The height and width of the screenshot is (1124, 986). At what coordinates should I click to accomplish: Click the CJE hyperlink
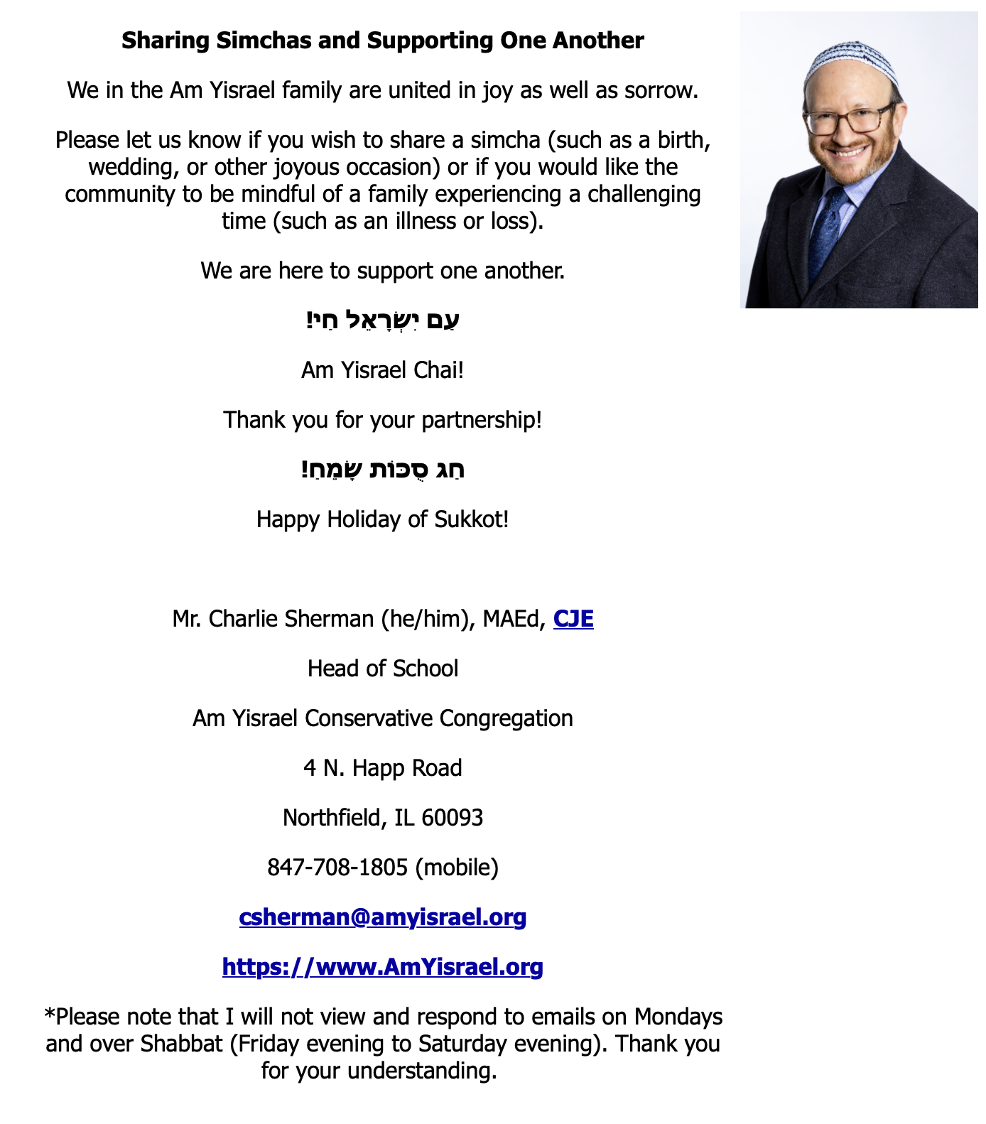pyautogui.click(x=573, y=619)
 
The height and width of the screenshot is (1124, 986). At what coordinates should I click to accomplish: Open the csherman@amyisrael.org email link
pyautogui.click(x=383, y=917)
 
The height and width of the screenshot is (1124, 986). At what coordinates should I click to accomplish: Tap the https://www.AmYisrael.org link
pyautogui.click(x=383, y=967)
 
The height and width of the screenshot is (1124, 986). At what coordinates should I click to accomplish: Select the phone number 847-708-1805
pyautogui.click(x=337, y=868)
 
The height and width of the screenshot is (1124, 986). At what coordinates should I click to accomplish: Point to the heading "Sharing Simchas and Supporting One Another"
pyautogui.click(x=383, y=40)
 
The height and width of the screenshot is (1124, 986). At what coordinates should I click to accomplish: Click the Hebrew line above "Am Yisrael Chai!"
pyautogui.click(x=383, y=320)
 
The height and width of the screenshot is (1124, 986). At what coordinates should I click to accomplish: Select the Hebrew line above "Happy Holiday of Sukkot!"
pyautogui.click(x=383, y=470)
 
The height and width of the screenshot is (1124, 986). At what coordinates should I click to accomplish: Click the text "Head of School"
pyautogui.click(x=383, y=669)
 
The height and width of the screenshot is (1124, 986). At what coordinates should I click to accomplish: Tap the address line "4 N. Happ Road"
pyautogui.click(x=383, y=768)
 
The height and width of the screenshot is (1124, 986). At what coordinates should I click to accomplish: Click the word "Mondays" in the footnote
pyautogui.click(x=678, y=1017)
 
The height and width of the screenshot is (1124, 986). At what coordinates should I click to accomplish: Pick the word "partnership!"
pyautogui.click(x=482, y=420)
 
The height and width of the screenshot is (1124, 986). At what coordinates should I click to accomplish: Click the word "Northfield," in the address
pyautogui.click(x=335, y=818)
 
